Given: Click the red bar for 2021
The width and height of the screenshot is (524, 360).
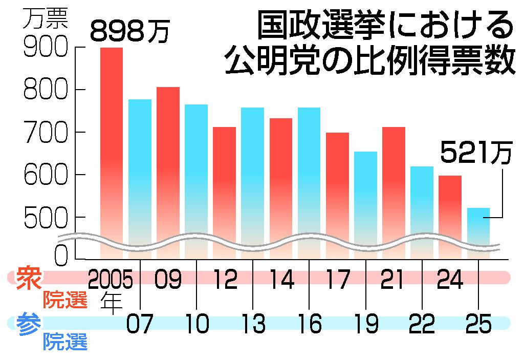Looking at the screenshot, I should [394, 189].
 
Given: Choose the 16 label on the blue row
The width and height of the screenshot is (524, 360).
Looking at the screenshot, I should [309, 324].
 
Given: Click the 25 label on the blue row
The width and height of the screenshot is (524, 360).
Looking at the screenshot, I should [478, 324].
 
